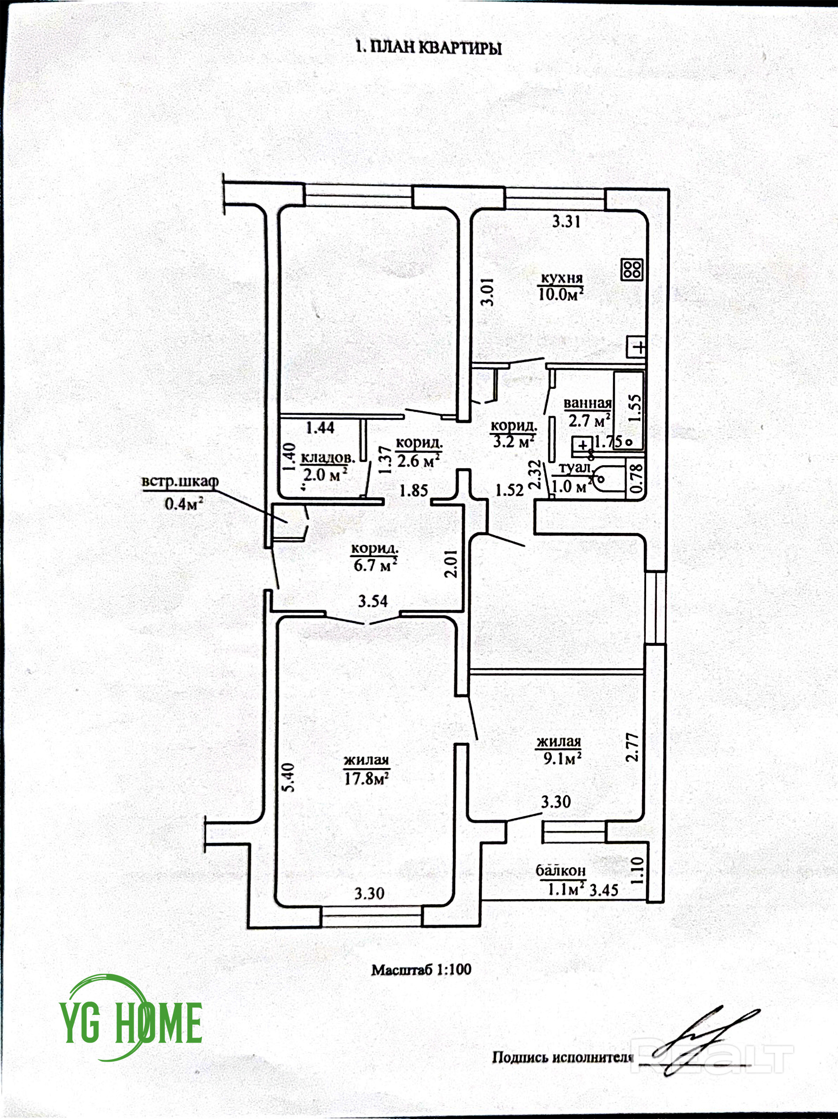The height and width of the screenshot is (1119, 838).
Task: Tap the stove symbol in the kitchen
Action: (632, 269)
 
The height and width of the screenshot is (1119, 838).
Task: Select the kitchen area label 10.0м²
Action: (561, 294)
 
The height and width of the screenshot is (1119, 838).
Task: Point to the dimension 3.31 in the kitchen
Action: (565, 222)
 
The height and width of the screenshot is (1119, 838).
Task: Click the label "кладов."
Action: (328, 458)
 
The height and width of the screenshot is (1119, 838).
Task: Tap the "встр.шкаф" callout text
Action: (180, 481)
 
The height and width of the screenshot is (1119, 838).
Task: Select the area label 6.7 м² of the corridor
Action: (375, 565)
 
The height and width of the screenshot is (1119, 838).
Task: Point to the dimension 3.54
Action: (373, 601)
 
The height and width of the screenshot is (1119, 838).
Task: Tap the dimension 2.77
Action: (633, 748)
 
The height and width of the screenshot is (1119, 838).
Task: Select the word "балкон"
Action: (561, 870)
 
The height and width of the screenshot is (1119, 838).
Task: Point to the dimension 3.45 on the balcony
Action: (604, 889)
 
